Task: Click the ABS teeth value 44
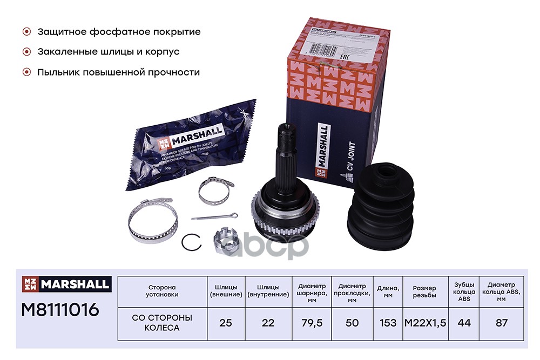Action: pyautogui.click(x=464, y=323)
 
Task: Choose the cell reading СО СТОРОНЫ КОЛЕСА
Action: pyautogui.click(x=161, y=323)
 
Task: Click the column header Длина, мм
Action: pyautogui.click(x=387, y=290)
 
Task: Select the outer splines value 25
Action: pyautogui.click(x=226, y=323)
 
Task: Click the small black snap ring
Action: pyautogui.click(x=191, y=242)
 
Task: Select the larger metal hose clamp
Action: pyautogui.click(x=152, y=221)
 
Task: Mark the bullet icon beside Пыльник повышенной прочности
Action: pyautogui.click(x=26, y=72)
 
